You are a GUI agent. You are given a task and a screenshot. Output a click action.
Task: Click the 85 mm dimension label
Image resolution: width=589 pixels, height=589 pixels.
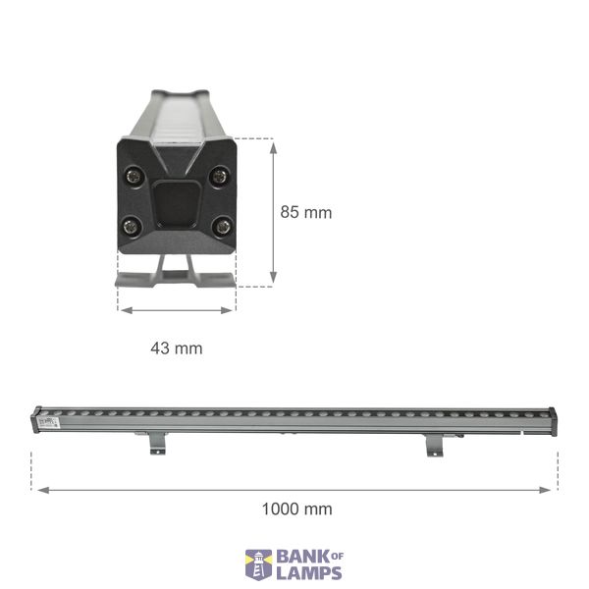click(x=306, y=212)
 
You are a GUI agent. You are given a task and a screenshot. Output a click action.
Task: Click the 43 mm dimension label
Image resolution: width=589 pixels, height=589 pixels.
click(x=177, y=348)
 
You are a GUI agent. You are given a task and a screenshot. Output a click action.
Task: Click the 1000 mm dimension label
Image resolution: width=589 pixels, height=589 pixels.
click(x=296, y=509)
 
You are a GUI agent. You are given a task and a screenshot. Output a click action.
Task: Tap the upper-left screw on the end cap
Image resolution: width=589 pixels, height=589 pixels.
click(x=134, y=176)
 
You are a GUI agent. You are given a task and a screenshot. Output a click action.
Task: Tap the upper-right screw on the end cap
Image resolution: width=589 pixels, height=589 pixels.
click(x=219, y=176)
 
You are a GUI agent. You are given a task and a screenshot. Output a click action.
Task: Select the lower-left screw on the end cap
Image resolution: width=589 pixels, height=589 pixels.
click(x=132, y=227)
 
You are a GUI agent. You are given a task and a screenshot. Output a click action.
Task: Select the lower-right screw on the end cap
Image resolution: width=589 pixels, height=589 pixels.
click(x=223, y=227)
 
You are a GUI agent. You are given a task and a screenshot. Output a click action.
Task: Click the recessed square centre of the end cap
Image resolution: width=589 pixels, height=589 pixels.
click(x=177, y=203)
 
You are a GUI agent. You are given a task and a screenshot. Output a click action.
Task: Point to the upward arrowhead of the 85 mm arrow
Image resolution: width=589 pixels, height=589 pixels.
click(x=274, y=148)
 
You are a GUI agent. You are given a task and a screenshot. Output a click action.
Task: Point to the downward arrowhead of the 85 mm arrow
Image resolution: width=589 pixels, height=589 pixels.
click(x=274, y=277)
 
